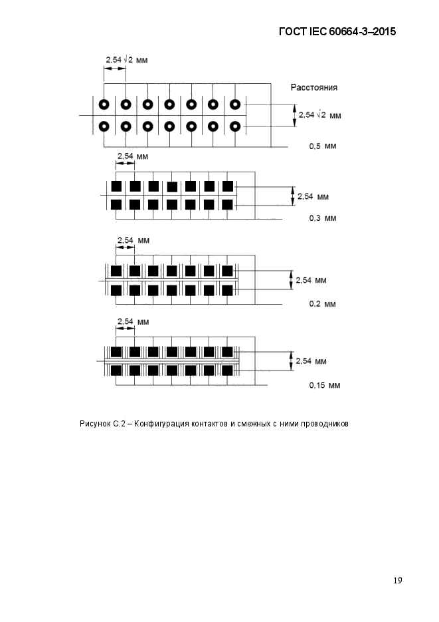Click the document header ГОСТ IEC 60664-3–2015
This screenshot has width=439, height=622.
(337, 32)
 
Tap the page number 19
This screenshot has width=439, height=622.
(398, 580)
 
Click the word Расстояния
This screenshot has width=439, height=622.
(314, 87)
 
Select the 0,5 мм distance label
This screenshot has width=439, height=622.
(323, 146)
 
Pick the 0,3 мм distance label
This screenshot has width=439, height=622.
(323, 218)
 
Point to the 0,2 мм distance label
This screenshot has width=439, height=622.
(323, 304)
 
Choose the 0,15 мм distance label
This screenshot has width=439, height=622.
(325, 385)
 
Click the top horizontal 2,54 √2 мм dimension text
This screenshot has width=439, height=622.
(127, 60)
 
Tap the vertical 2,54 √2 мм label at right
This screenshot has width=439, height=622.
(320, 115)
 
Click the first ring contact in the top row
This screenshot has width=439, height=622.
(104, 104)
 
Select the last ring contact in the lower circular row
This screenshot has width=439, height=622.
(235, 126)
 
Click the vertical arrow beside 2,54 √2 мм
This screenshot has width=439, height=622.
(294, 116)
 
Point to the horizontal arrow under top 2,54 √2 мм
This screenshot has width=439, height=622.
(115, 69)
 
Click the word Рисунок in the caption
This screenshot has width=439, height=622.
(95, 424)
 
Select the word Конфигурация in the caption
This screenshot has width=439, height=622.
(162, 424)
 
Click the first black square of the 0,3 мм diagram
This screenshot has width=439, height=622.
(116, 186)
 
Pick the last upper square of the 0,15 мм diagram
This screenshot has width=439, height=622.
(227, 352)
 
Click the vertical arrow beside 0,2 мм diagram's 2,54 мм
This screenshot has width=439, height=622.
(292, 280)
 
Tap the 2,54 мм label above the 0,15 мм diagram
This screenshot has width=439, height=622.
(133, 321)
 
